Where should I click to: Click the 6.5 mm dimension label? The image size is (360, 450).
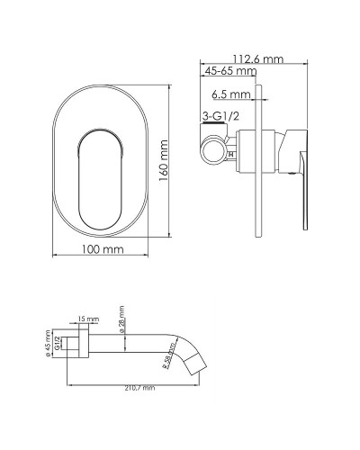click(231, 93)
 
